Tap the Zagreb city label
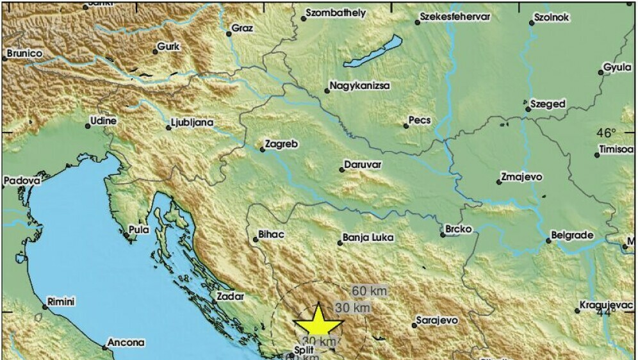pyautogui.click(x=282, y=145)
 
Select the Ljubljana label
pyautogui.click(x=193, y=122)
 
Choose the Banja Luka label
pyautogui.click(x=368, y=238)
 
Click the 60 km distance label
pyautogui.click(x=368, y=291)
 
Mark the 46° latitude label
pyautogui.click(x=606, y=133)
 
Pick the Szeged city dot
pyautogui.click(x=528, y=109)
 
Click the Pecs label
pyautogui.click(x=420, y=120)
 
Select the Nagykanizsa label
pyautogui.click(x=359, y=85)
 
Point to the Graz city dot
pyautogui.click(x=229, y=34)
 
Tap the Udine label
pyautogui.click(x=102, y=120)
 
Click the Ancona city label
pyautogui.click(x=126, y=343)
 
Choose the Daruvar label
pyautogui.click(x=363, y=165)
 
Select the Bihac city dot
pyautogui.click(x=255, y=240)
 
